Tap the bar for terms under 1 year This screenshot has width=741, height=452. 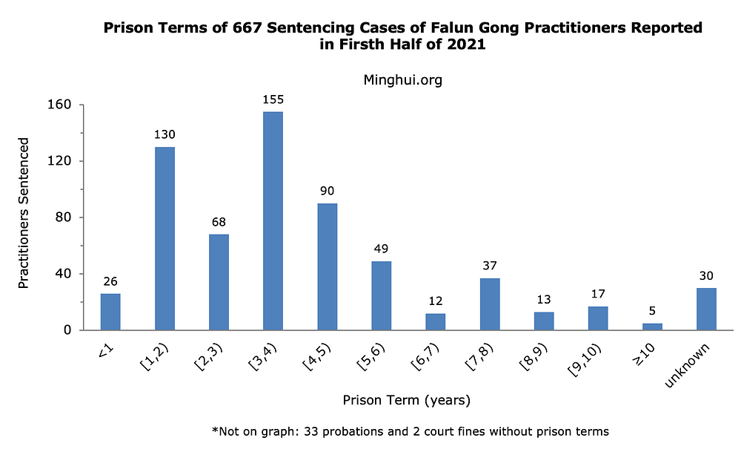[x=110, y=312]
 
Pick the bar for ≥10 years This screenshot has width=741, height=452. [x=652, y=327]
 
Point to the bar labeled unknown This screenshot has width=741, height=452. [x=706, y=309]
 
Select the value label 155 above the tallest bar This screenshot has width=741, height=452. [x=273, y=99]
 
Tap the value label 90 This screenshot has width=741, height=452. [x=327, y=191]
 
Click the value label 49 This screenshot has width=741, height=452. [x=381, y=249]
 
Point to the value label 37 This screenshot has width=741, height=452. [x=490, y=266]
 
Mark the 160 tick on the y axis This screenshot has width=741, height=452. [x=61, y=105]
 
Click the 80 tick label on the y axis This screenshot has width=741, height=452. [x=64, y=217]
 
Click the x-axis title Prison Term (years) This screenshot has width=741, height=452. [x=406, y=401]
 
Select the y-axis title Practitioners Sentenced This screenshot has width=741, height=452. [x=24, y=213]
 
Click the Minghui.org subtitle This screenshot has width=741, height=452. [x=403, y=80]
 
